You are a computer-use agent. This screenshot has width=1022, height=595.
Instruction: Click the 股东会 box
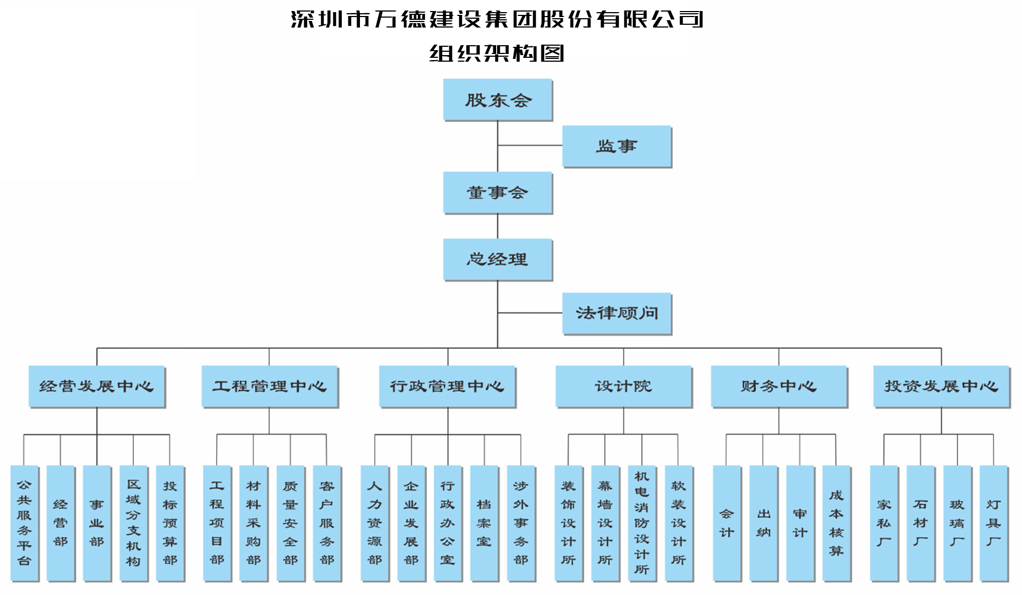[x=497, y=100]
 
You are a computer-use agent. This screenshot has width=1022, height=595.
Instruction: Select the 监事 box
[x=616, y=146]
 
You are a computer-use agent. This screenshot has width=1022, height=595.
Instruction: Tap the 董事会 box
[x=497, y=192]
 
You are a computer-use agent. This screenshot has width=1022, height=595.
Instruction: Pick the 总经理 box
[x=497, y=259]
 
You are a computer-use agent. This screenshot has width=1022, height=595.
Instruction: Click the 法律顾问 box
[x=616, y=313]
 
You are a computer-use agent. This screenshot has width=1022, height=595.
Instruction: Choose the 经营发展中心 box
[x=96, y=386]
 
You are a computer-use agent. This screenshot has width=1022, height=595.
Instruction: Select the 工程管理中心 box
[x=270, y=386]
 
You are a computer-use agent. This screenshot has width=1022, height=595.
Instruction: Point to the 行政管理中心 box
[x=447, y=386]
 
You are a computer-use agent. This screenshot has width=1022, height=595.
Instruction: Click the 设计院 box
[x=623, y=386]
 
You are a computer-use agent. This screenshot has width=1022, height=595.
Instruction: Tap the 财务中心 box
[x=778, y=386]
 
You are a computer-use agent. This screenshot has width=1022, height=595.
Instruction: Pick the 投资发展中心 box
[x=941, y=386]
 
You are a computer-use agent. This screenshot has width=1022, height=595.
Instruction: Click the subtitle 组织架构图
[x=497, y=53]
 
